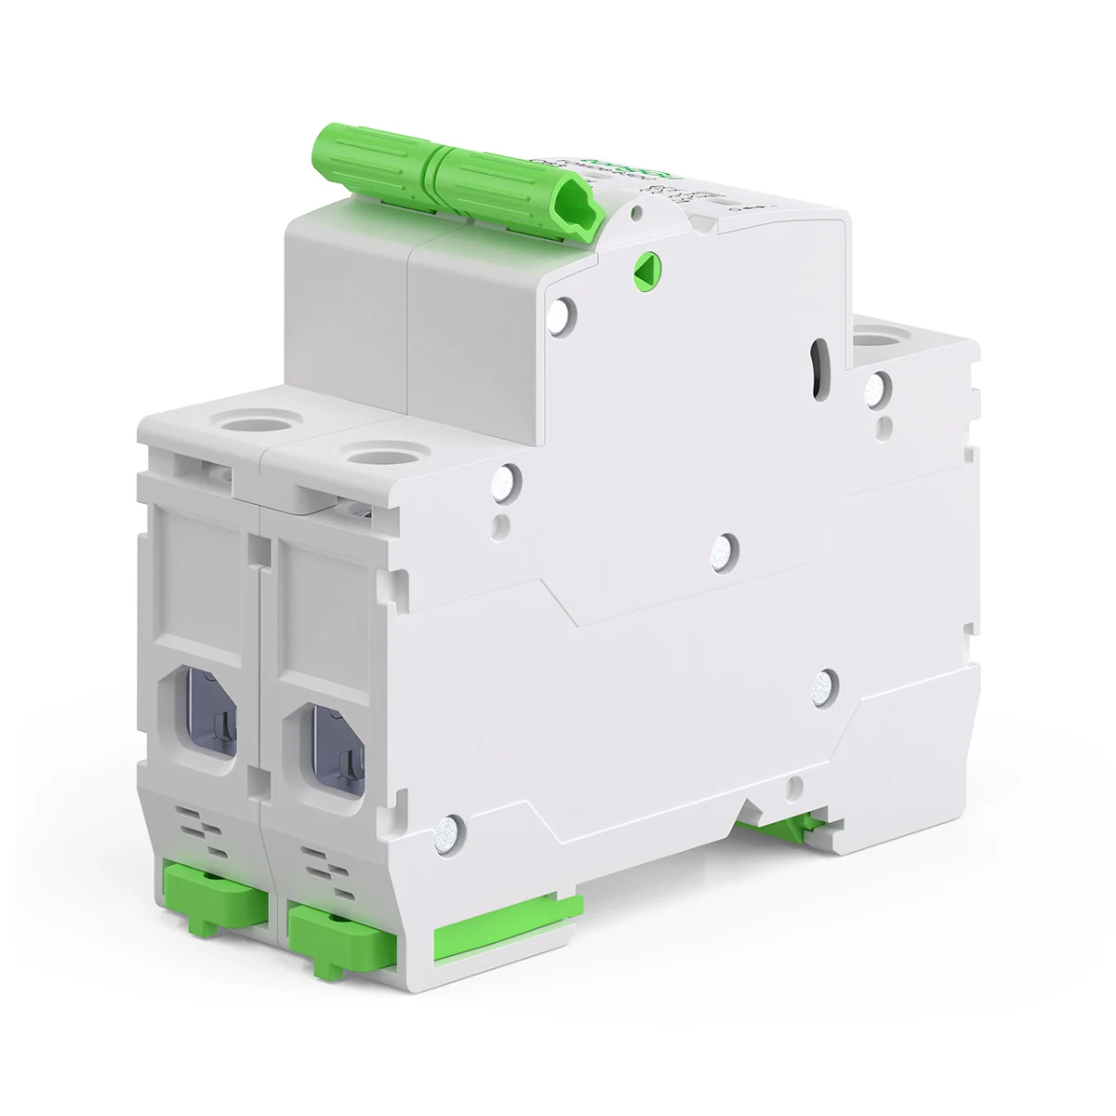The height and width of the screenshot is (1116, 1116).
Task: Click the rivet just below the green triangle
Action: click(x=564, y=313)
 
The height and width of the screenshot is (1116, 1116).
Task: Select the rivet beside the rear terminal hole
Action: click(x=877, y=386)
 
